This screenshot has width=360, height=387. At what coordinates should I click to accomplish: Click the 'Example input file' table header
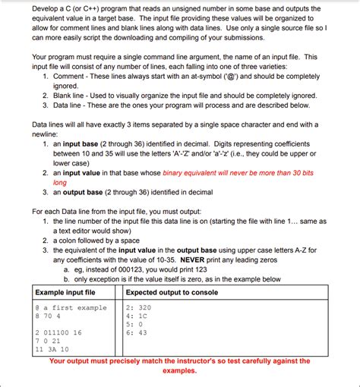click(x=65, y=292)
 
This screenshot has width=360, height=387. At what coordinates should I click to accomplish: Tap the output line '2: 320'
click(x=138, y=308)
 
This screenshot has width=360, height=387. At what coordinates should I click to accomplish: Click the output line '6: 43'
click(x=136, y=332)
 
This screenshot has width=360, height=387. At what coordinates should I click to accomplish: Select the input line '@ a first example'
click(x=71, y=308)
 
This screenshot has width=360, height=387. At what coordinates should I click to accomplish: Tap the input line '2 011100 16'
click(x=58, y=332)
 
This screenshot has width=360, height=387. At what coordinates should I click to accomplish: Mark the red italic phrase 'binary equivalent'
click(x=194, y=174)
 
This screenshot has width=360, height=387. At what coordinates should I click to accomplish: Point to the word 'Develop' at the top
click(x=47, y=8)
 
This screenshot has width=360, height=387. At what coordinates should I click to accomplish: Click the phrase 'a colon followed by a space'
click(x=102, y=238)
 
